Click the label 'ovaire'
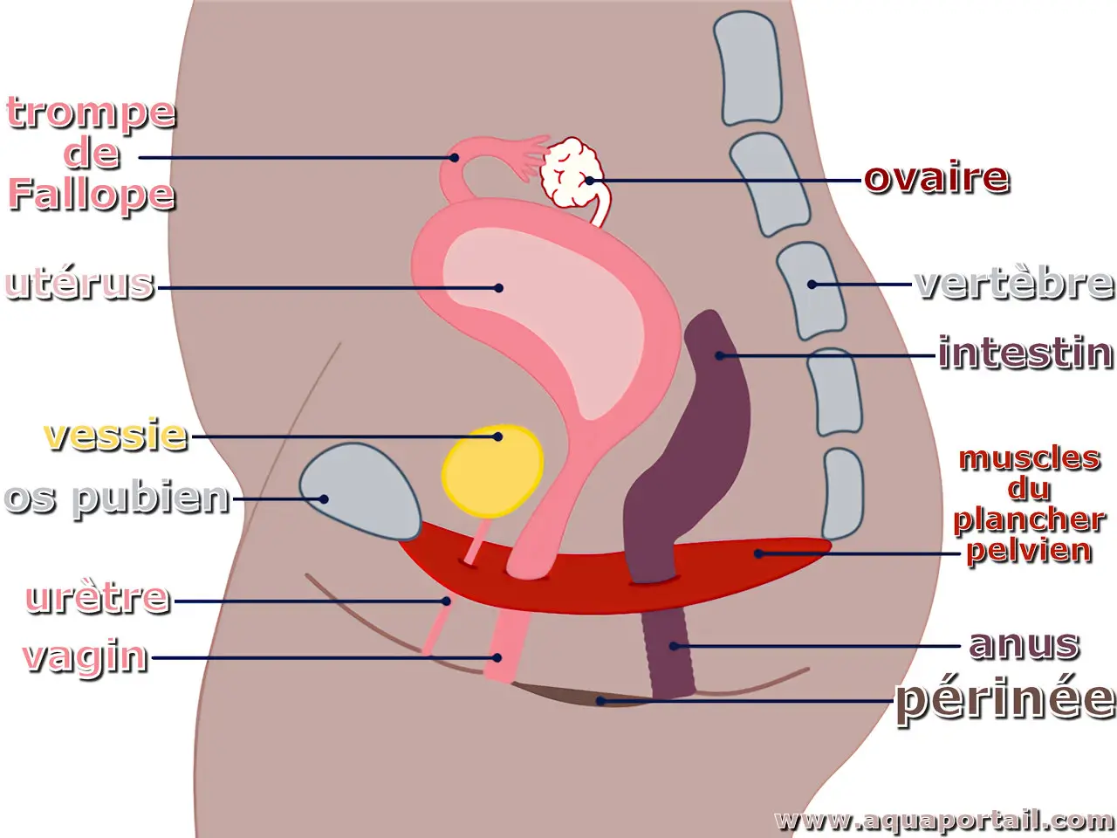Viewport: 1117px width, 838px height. pyautogui.click(x=936, y=178)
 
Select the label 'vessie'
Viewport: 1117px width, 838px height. pyautogui.click(x=115, y=435)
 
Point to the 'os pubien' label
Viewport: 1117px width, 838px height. pyautogui.click(x=117, y=499)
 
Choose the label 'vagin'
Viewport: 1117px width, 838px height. pyautogui.click(x=86, y=657)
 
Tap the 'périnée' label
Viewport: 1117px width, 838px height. pyautogui.click(x=1005, y=701)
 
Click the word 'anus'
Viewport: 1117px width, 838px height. pyautogui.click(x=1024, y=645)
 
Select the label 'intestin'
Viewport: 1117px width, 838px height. pyautogui.click(x=1025, y=352)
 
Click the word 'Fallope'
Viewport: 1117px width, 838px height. pyautogui.click(x=92, y=195)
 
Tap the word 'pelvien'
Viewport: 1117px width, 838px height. pyautogui.click(x=1029, y=552)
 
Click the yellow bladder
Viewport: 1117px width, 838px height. pyautogui.click(x=492, y=471)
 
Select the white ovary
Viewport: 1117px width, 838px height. pyautogui.click(x=571, y=173)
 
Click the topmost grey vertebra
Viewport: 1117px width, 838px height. pyautogui.click(x=747, y=68)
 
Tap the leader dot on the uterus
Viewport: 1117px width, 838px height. pyautogui.click(x=498, y=288)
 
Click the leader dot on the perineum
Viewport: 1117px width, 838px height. pyautogui.click(x=600, y=701)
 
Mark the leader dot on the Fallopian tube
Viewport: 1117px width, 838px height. pyautogui.click(x=455, y=158)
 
